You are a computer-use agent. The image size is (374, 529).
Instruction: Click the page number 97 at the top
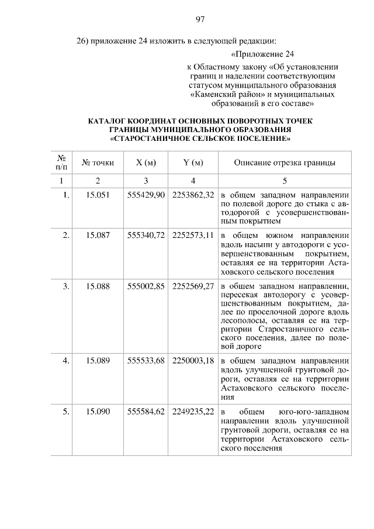click(199, 19)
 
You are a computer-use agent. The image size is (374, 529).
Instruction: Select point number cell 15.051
click(98, 195)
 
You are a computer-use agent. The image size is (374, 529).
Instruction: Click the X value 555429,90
click(146, 195)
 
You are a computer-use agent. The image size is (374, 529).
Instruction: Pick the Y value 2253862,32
click(193, 195)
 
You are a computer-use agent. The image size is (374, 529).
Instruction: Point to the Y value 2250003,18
click(193, 361)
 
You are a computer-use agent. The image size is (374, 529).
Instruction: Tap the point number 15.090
click(98, 412)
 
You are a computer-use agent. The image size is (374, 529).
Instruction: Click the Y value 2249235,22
click(193, 412)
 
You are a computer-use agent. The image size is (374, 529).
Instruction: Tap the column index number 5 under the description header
click(285, 180)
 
